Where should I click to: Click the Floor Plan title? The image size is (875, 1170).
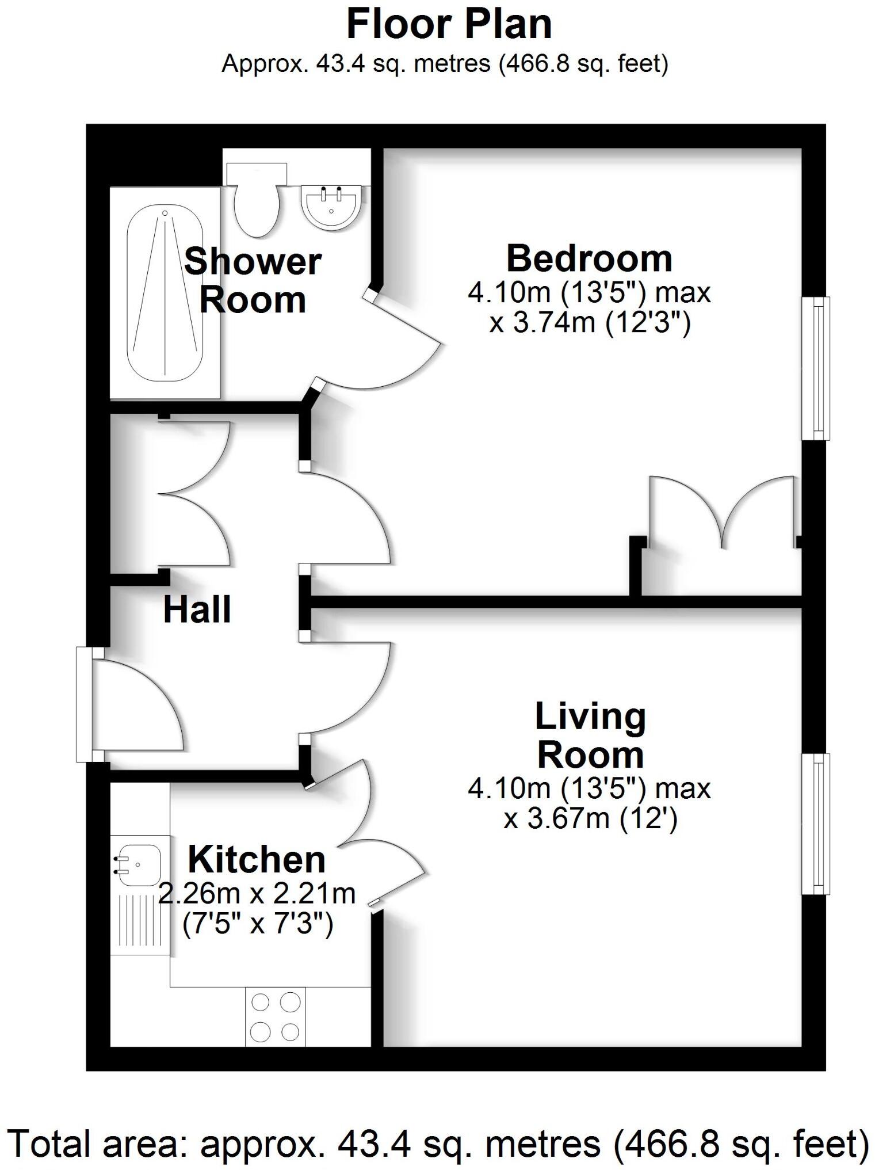click(x=448, y=25)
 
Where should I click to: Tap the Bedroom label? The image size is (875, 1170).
click(x=589, y=258)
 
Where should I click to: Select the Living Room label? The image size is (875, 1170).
click(x=590, y=735)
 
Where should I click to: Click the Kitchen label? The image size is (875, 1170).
click(x=257, y=860)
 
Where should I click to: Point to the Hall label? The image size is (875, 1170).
click(x=197, y=610)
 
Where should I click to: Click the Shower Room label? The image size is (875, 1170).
click(x=252, y=280)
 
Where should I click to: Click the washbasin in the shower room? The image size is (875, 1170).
click(x=333, y=208)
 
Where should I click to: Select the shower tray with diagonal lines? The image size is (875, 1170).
click(x=165, y=294)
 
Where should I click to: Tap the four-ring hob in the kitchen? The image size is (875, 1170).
click(x=276, y=1017)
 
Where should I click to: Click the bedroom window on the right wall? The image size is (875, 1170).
click(x=816, y=368)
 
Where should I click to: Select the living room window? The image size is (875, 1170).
click(x=816, y=824)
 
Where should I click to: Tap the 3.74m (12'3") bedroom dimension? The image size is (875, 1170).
click(x=590, y=323)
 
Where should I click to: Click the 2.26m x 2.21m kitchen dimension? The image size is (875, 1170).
click(x=257, y=894)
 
